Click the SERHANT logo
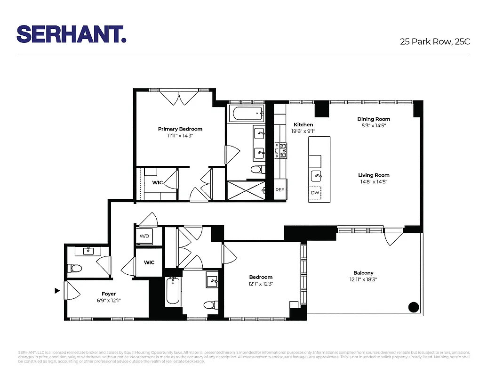click(71, 34)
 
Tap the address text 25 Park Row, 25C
click(435, 41)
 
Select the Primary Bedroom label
click(180, 129)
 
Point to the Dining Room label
click(374, 119)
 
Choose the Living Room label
click(374, 175)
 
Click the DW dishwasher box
click(315, 193)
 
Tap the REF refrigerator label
click(279, 190)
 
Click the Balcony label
click(363, 273)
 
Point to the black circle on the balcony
click(413, 307)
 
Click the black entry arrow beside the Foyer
click(57, 291)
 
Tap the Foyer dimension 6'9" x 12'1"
click(109, 301)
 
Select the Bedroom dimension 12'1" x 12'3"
click(261, 284)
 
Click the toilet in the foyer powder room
click(75, 269)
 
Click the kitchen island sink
click(317, 176)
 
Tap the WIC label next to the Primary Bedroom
click(157, 182)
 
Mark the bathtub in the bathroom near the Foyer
click(172, 291)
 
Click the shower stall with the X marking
click(245, 191)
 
